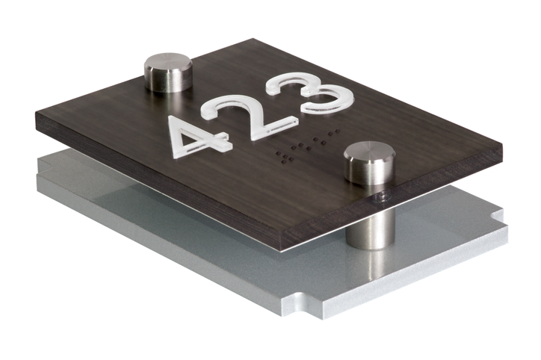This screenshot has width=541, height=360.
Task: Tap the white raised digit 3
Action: [311, 93]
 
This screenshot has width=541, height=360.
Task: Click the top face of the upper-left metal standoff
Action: [168, 63]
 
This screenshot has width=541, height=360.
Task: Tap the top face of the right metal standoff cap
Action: [370, 151]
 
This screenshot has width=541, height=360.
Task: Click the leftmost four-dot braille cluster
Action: [286, 157]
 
